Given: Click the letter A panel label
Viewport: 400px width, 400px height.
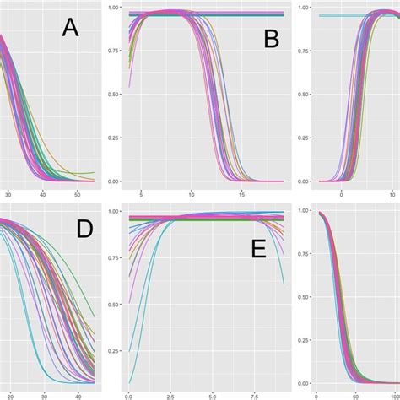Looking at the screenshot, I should coord(70,30).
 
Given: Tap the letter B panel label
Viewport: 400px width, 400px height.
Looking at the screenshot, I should coord(270,37).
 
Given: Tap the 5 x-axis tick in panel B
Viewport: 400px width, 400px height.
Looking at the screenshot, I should coord(142,193).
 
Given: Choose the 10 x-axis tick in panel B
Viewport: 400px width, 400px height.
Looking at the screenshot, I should coord(192,193).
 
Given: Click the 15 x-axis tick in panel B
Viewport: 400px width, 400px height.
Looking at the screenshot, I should coord(242,193).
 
